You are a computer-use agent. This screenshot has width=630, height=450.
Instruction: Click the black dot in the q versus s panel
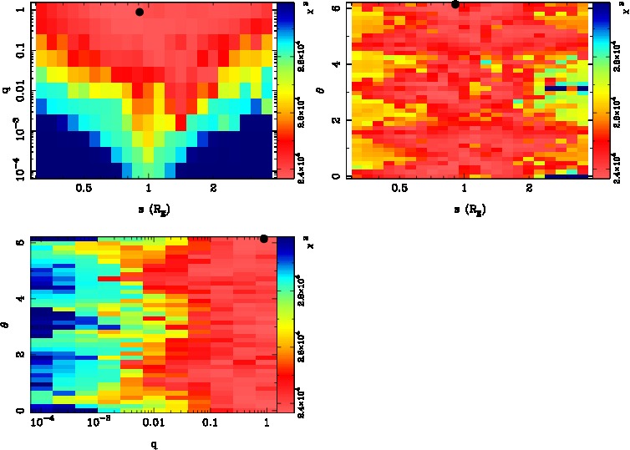pyautogui.click(x=140, y=12)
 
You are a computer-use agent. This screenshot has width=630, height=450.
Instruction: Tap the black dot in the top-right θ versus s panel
pyautogui.click(x=455, y=4)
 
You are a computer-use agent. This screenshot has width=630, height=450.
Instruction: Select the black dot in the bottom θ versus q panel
pyautogui.click(x=264, y=239)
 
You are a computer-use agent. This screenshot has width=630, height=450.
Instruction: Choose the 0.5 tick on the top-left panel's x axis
pyautogui.click(x=83, y=189)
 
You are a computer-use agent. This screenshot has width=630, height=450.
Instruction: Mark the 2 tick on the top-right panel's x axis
pyautogui.click(x=530, y=189)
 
